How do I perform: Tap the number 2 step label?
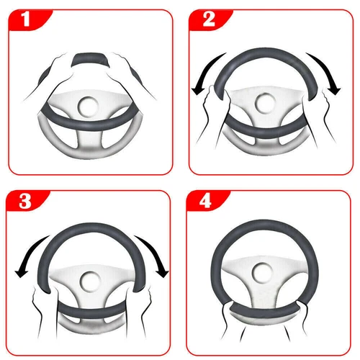[207, 19]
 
